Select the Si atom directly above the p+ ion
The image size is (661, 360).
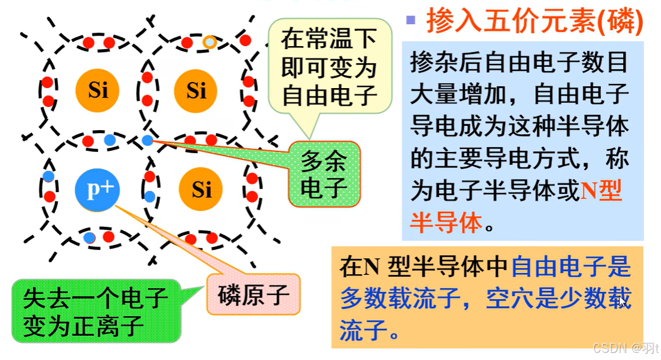tap(97, 90)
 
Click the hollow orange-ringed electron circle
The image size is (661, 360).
tap(210, 42)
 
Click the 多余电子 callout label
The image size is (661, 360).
tap(323, 174)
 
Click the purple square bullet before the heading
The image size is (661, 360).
tap(411, 20)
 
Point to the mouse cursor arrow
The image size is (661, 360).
tap(622, 301)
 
